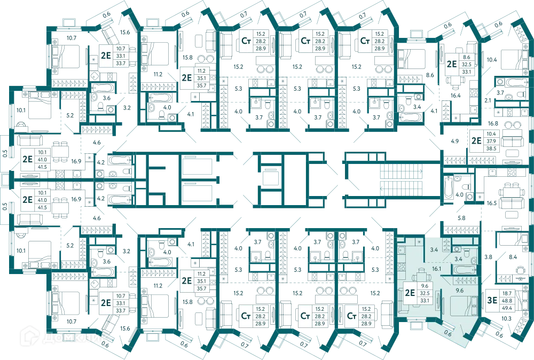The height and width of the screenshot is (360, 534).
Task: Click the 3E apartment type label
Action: point(492,300)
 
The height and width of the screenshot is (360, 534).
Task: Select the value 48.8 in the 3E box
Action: point(507,301)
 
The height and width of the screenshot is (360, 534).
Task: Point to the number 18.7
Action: point(507,293)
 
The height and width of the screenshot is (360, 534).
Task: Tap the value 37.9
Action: point(491,141)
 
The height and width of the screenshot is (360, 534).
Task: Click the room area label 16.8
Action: point(493,123)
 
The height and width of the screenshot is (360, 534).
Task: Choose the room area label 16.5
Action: point(491,203)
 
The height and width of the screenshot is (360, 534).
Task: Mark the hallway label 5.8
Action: point(461,218)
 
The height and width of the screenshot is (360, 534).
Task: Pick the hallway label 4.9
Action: point(454,141)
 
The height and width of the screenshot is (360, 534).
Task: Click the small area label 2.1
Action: point(488,100)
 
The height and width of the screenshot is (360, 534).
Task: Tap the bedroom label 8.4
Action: point(513,257)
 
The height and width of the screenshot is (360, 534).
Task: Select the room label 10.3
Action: point(506,318)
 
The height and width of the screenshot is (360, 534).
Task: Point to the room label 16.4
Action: point(456,96)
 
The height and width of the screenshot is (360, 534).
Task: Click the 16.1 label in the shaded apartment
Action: point(437,269)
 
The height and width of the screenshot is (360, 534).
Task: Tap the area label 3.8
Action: point(489,257)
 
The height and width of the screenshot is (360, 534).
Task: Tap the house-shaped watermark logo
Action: point(29,336)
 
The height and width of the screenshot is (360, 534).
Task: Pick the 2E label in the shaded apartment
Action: point(410,293)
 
